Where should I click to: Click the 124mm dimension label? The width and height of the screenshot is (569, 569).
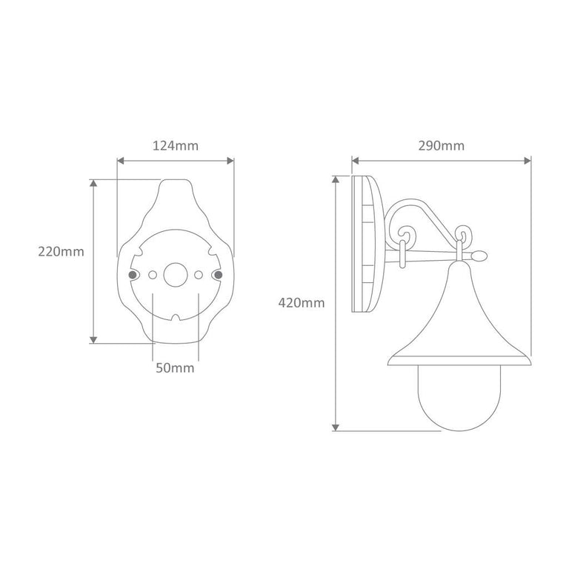pyautogui.click(x=176, y=146)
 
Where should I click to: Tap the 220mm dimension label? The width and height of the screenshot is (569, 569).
pyautogui.click(x=61, y=251)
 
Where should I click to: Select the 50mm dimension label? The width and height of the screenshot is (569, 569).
pyautogui.click(x=175, y=368)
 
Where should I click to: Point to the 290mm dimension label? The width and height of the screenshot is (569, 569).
pyautogui.click(x=442, y=146)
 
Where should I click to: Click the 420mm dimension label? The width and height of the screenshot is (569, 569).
pyautogui.click(x=302, y=302)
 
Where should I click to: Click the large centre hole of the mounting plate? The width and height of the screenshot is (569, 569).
pyautogui.click(x=176, y=275)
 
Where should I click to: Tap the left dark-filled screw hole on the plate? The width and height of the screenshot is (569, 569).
pyautogui.click(x=133, y=275)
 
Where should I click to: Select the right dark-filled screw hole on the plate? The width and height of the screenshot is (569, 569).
pyautogui.click(x=218, y=275)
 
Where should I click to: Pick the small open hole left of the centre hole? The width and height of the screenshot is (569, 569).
pyautogui.click(x=153, y=275)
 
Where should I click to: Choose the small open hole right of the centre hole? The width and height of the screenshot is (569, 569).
pyautogui.click(x=199, y=275)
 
